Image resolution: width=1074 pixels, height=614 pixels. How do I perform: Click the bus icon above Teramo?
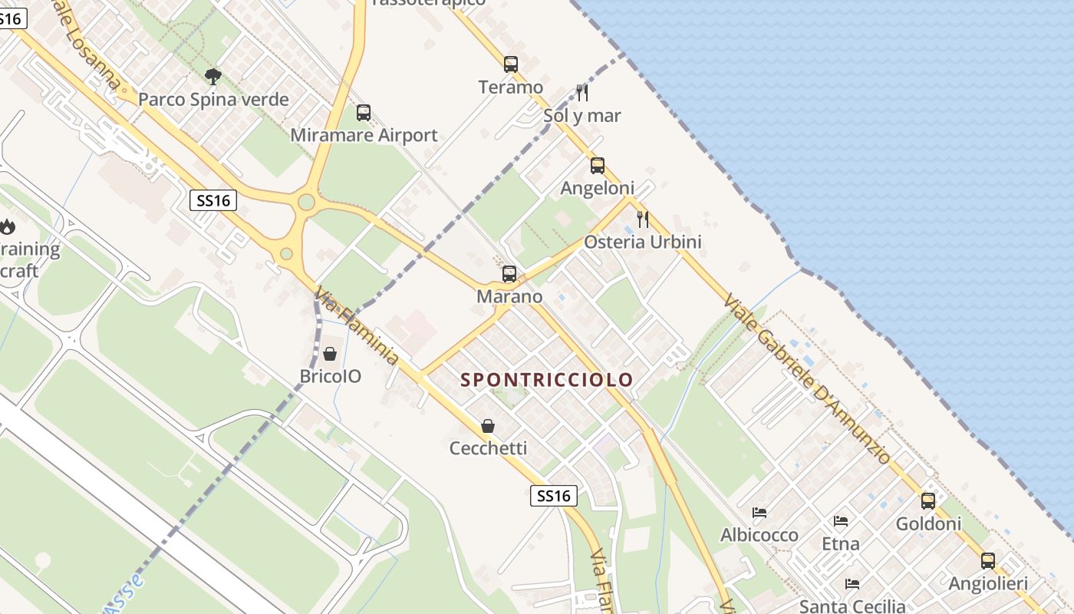511,64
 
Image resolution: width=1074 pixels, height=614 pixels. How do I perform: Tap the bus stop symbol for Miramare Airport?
364,113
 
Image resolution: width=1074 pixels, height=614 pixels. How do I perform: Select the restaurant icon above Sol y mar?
582,93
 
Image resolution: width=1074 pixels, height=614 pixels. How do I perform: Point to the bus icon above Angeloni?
598,165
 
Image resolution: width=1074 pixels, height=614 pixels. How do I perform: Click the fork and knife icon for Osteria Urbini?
643,220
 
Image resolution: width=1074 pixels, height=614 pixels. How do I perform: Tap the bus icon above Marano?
509,274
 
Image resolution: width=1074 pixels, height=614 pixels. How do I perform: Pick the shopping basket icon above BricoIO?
330,354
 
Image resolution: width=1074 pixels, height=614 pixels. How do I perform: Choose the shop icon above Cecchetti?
488,425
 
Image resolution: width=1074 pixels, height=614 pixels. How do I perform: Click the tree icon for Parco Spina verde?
213,76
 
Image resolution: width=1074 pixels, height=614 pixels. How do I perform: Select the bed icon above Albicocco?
759,512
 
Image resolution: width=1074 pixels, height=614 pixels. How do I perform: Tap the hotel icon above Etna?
841,521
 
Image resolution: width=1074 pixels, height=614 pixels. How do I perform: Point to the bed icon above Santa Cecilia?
852,584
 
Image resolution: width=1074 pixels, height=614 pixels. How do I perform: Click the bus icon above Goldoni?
928,501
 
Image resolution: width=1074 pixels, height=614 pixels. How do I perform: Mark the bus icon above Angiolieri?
988,561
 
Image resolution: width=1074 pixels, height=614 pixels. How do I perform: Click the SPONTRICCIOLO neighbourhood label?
547,379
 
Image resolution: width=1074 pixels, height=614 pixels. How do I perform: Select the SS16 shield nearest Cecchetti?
554,496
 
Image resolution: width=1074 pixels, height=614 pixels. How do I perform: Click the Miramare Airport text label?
364,136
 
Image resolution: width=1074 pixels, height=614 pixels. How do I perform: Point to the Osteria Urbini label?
643,242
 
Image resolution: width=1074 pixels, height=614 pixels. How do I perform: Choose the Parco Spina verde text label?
213,99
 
